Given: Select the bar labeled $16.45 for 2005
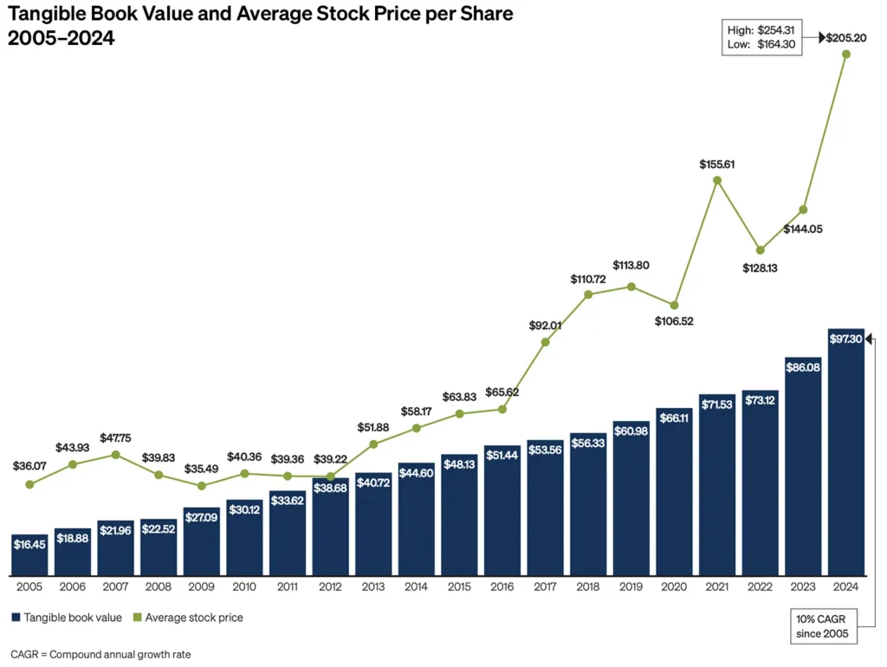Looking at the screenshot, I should (x=30, y=554).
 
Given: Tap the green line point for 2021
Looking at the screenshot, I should (x=717, y=181).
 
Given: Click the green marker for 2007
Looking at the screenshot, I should (x=115, y=454).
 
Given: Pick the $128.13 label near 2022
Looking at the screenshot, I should (x=759, y=268).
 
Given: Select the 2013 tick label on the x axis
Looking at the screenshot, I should (x=373, y=586).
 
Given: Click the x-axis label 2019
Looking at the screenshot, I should (x=631, y=586).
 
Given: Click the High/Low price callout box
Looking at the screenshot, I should (x=767, y=38).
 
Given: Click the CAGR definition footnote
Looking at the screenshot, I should (x=100, y=654).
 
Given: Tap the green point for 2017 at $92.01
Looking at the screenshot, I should (x=545, y=342).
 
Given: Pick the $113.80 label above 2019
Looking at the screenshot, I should (x=631, y=265).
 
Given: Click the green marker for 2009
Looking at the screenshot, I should (x=201, y=486).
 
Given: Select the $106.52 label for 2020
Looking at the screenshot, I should (x=674, y=321).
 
